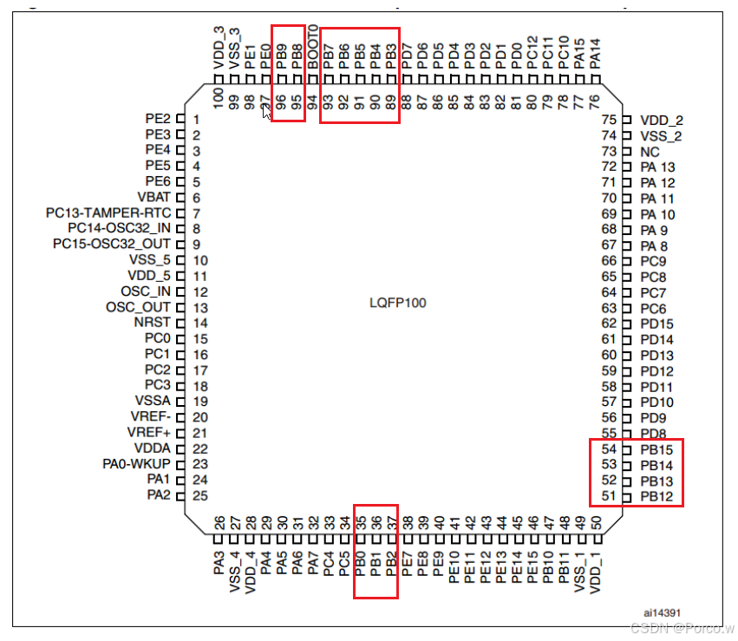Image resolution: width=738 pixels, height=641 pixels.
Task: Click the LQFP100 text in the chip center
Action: pyautogui.click(x=398, y=304)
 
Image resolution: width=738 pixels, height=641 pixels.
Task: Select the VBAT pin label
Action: pyautogui.click(x=153, y=198)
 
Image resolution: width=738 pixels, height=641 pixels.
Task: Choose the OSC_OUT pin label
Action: pyautogui.click(x=139, y=307)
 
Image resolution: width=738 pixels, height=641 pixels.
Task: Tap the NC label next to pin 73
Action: pyautogui.click(x=650, y=151)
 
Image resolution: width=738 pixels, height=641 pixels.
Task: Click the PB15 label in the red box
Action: pyautogui.click(x=656, y=449)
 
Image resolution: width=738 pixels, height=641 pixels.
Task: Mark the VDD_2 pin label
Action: pyautogui.click(x=661, y=120)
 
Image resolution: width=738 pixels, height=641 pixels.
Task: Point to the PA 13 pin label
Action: pyautogui.click(x=657, y=167)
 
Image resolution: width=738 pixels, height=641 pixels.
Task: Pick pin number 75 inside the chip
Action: pyautogui.click(x=609, y=120)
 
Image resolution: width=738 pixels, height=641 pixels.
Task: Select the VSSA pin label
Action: pyautogui.click(x=153, y=402)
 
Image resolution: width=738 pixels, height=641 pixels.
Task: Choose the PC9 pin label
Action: pyautogui.click(x=653, y=261)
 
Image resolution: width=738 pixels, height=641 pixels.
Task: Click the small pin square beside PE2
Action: pyautogui.click(x=181, y=118)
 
